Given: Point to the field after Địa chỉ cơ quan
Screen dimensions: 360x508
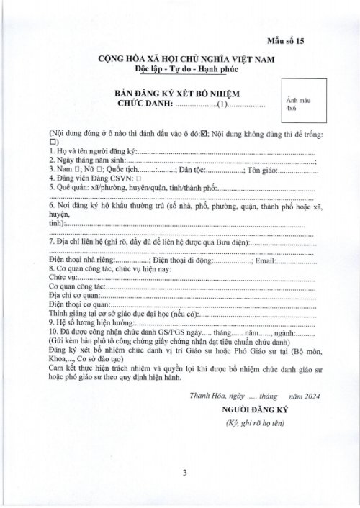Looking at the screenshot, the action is click(209, 296).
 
